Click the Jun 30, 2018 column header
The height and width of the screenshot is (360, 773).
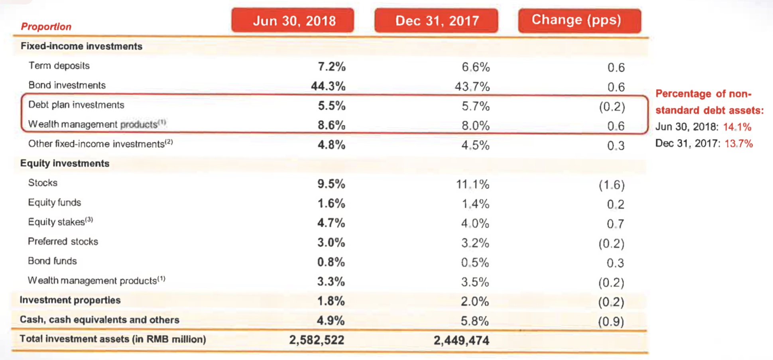click(x=293, y=20)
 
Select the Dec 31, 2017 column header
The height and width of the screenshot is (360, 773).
click(x=436, y=20)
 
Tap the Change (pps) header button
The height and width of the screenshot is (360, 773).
click(x=579, y=20)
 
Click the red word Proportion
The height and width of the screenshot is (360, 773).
click(x=46, y=27)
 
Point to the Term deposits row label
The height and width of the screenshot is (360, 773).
click(x=59, y=66)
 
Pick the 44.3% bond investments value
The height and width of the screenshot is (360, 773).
click(x=328, y=86)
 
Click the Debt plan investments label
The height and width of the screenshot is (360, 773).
click(x=76, y=105)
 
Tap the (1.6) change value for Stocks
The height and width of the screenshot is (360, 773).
click(x=611, y=185)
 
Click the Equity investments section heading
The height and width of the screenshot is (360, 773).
click(x=65, y=163)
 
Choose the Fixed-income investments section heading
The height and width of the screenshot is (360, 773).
click(x=81, y=46)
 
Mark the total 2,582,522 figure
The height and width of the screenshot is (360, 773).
click(x=317, y=340)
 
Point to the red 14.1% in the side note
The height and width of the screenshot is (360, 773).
click(x=737, y=127)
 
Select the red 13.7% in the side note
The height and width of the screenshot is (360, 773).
click(x=738, y=144)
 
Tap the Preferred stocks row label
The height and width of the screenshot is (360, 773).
click(x=63, y=242)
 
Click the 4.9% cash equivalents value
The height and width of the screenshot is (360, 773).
click(x=331, y=321)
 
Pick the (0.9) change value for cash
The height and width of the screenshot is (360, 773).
click(x=611, y=321)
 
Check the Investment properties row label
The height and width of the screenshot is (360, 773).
click(x=70, y=300)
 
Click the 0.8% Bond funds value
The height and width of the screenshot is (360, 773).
click(x=331, y=262)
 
